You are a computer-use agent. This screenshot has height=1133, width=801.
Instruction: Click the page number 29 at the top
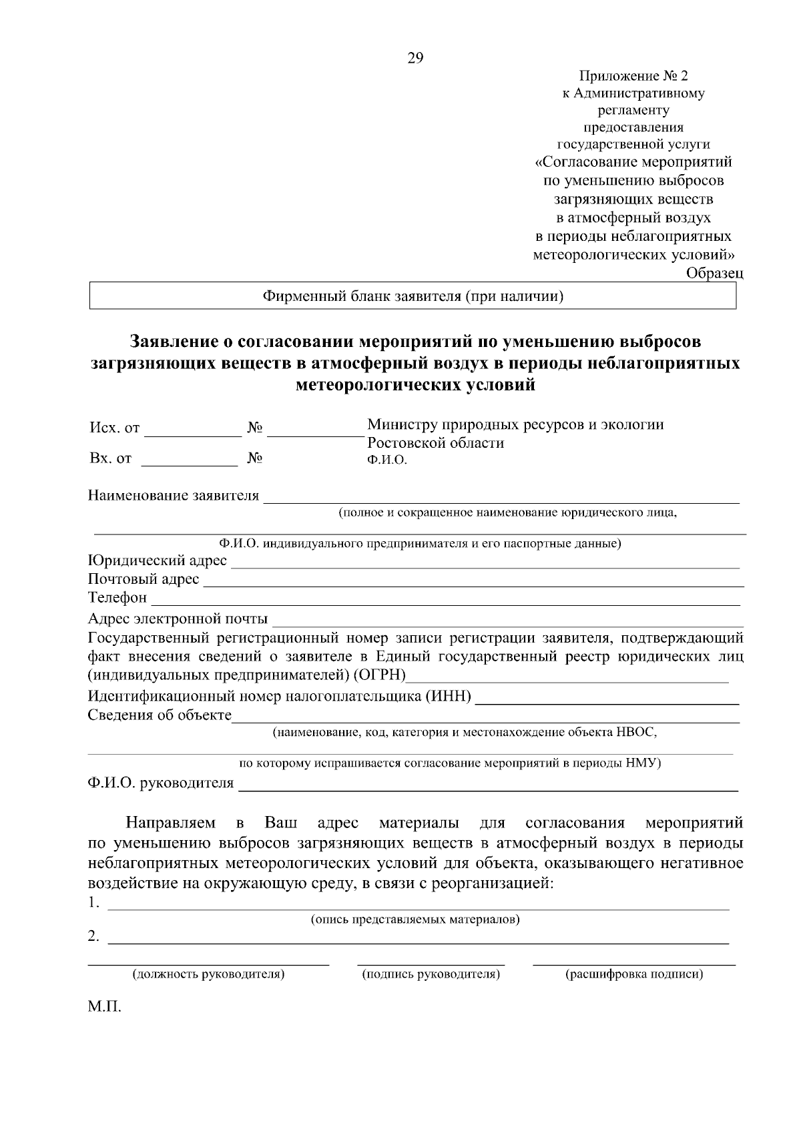click(x=415, y=59)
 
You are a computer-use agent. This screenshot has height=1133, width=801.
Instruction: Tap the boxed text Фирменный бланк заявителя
click(x=413, y=296)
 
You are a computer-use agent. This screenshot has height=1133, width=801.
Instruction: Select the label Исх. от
click(x=114, y=428)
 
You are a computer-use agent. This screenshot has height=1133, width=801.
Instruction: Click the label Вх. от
click(x=110, y=458)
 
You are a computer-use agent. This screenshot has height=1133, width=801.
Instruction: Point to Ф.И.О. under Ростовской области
click(x=387, y=460)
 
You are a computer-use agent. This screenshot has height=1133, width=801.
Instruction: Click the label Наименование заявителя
click(x=174, y=496)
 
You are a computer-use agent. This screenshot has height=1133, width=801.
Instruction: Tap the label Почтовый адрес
click(x=144, y=579)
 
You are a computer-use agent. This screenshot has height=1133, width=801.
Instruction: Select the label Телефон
click(x=117, y=598)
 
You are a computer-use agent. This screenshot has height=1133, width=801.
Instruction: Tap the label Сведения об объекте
click(x=160, y=716)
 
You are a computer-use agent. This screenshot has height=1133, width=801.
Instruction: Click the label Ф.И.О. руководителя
click(x=161, y=783)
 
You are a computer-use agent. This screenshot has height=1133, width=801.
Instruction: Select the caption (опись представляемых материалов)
click(x=415, y=919)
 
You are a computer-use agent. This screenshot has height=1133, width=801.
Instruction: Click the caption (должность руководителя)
click(x=209, y=974)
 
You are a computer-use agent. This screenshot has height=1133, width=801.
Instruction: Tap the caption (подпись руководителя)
click(x=431, y=974)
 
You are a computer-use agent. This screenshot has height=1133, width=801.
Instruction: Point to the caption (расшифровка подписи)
click(x=634, y=974)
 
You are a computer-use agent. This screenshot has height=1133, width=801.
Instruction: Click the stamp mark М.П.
click(x=105, y=1006)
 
